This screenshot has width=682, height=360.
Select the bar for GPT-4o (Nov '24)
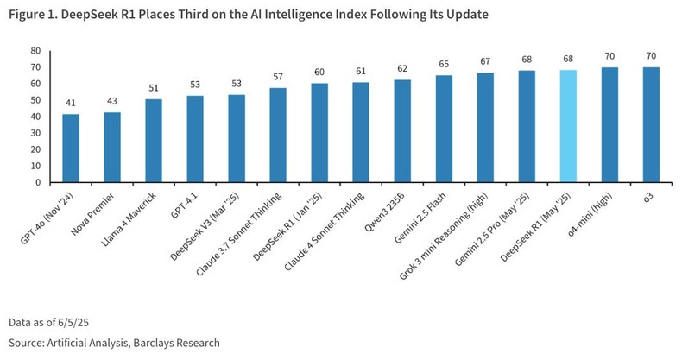(x=71, y=148)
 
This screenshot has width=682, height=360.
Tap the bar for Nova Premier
(x=112, y=147)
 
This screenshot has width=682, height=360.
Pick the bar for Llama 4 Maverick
(x=154, y=141)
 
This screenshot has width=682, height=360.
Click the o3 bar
(x=651, y=124)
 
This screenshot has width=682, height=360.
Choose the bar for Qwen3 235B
(x=402, y=130)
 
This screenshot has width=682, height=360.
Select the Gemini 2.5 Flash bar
(x=444, y=129)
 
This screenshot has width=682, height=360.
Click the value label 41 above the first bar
(x=71, y=103)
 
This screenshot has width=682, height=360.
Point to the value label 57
(x=278, y=77)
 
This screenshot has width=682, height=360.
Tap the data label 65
(x=444, y=64)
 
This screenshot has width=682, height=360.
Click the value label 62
(x=402, y=69)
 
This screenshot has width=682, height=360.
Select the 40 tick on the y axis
(x=35, y=117)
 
